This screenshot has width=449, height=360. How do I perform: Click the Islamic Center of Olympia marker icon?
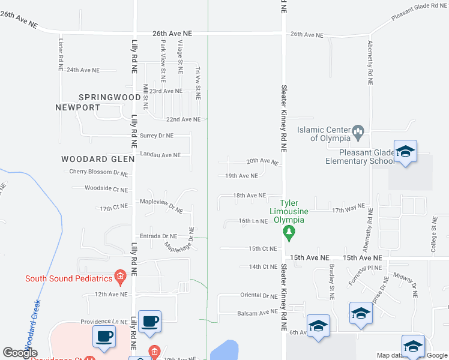point(358,130)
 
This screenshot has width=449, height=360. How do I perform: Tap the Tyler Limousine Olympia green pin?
point(289,232)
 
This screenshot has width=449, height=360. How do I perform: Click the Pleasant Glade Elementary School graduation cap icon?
point(405,151)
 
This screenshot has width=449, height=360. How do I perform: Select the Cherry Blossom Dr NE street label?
point(98,172)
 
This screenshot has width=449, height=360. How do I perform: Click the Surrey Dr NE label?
point(157,136)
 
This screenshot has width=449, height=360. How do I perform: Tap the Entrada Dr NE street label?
point(158,236)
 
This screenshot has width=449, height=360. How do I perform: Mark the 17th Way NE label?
point(348,208)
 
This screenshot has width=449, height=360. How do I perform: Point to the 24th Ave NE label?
point(83,70)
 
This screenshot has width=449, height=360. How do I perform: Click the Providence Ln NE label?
point(104,322)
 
